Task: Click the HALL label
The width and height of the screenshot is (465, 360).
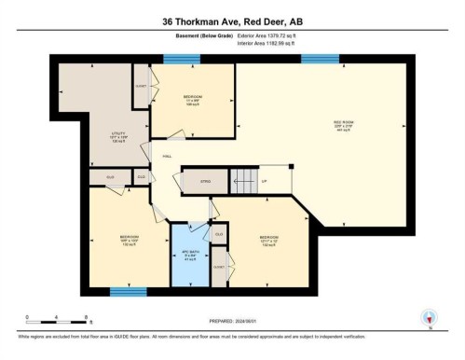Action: [167, 157]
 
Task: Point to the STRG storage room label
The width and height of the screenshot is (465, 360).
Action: [205, 181]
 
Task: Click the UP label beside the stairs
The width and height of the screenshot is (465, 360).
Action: [264, 180]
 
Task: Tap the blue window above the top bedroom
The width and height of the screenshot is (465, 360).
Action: [175, 59]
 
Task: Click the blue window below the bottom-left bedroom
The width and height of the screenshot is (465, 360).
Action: [128, 292]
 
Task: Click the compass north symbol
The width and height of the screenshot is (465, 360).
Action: [428, 318]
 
